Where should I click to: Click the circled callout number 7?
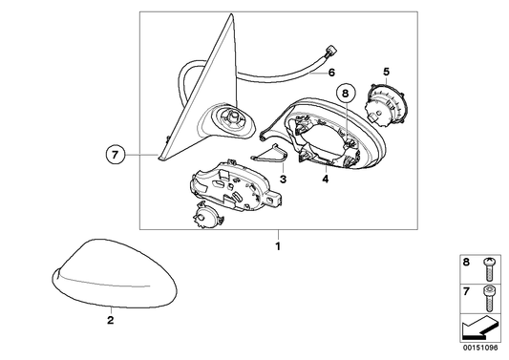pyautogui.click(x=116, y=155)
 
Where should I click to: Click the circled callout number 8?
pyautogui.click(x=345, y=94)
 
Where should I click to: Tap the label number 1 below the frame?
pyautogui.click(x=278, y=246)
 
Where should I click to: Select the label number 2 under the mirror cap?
pyautogui.click(x=111, y=320)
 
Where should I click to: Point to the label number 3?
pyautogui.click(x=283, y=179)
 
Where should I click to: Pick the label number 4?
pyautogui.click(x=326, y=179)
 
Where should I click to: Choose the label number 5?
pyautogui.click(x=386, y=71)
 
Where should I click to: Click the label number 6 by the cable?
pyautogui.click(x=331, y=73)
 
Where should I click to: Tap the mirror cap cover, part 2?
pyautogui.click(x=115, y=273)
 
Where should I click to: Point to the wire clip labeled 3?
pyautogui.click(x=269, y=153)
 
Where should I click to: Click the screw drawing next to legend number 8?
pyautogui.click(x=488, y=269)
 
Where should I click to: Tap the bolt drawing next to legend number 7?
pyautogui.click(x=488, y=298)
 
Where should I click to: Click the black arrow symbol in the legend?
pyautogui.click(x=480, y=328)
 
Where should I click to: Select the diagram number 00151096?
pyautogui.click(x=480, y=348)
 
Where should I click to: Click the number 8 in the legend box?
pyautogui.click(x=466, y=262)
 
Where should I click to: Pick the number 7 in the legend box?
pyautogui.click(x=466, y=291)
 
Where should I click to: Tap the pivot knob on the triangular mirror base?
pyautogui.click(x=232, y=115)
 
